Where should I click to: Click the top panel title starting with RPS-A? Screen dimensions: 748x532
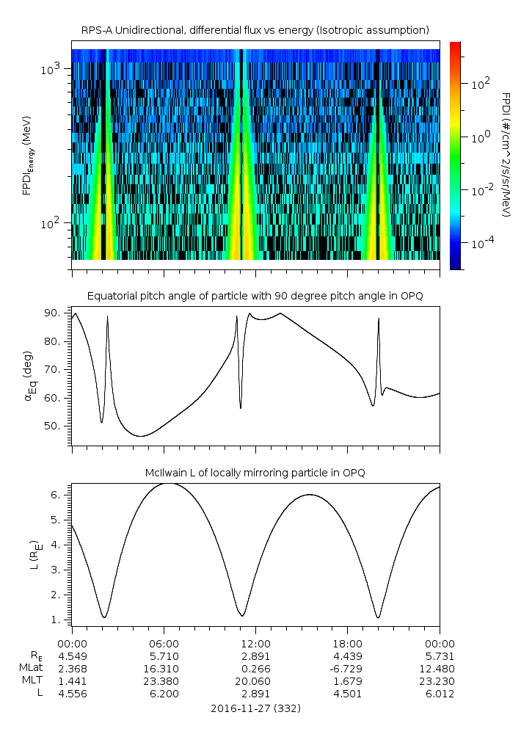[255, 29]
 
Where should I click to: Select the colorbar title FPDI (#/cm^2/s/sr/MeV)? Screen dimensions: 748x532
[506, 154]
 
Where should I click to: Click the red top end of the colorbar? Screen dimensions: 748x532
[455, 46]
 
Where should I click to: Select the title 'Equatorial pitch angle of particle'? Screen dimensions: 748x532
[255, 296]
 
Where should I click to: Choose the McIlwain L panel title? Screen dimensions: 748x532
[255, 473]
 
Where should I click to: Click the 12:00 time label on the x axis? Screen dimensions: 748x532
[255, 641]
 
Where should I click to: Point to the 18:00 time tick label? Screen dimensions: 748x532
[347, 641]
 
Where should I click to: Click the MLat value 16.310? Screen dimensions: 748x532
[164, 669]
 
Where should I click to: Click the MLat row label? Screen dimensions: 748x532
[32, 669]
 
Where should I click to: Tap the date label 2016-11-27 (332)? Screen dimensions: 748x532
[255, 709]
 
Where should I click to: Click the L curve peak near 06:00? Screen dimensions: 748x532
[167, 483]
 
